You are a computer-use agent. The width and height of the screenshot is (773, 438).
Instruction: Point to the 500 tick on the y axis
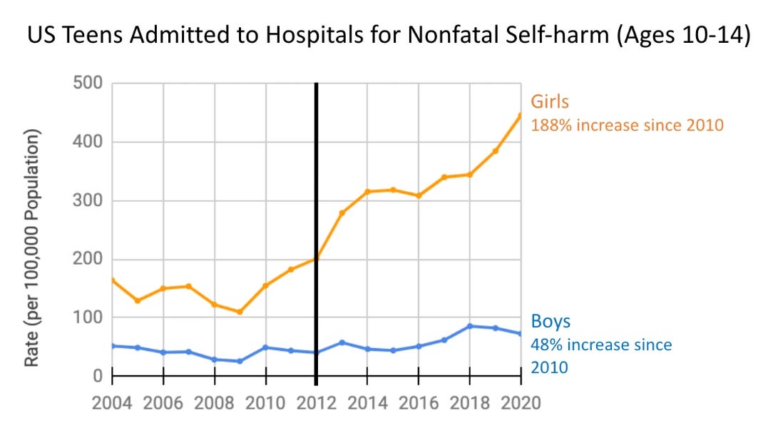click(x=88, y=84)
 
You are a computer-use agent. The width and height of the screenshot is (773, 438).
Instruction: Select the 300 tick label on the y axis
click(x=88, y=201)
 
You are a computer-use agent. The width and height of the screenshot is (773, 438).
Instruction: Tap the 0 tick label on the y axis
click(x=98, y=376)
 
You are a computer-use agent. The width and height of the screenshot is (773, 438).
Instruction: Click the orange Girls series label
click(x=549, y=101)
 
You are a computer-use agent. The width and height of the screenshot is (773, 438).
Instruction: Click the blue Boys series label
click(x=551, y=322)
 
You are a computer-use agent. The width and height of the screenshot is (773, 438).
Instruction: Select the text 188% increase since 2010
click(x=627, y=126)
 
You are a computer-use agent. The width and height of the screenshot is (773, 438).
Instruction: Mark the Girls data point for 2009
click(x=240, y=312)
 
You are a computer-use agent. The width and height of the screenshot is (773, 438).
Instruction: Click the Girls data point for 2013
click(x=342, y=213)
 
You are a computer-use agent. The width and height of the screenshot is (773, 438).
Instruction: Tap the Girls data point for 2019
click(x=495, y=151)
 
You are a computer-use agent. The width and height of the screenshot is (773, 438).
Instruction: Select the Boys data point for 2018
click(x=469, y=326)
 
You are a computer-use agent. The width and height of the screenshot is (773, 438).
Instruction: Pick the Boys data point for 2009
click(x=240, y=361)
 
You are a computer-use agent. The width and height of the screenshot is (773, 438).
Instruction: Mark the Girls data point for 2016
click(x=419, y=195)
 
